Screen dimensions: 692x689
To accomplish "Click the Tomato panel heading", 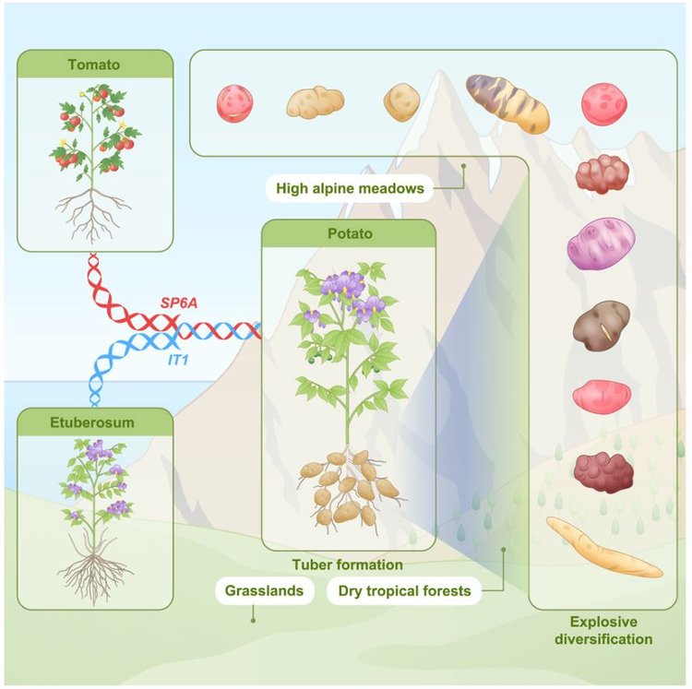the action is tap(94, 65).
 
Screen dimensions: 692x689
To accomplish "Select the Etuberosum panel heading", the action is tap(92, 422).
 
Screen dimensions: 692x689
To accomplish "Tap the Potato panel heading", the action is tap(350, 233).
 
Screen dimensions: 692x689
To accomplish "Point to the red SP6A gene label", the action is tap(179, 303).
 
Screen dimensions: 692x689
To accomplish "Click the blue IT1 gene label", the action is tap(178, 360).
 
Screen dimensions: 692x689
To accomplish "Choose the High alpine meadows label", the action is tap(350, 188).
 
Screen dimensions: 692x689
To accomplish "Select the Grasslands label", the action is tap(265, 590).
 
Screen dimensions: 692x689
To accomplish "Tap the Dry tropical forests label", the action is tap(404, 590).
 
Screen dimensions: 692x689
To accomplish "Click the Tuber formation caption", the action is tap(347, 564).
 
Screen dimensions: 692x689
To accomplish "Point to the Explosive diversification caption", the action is tap(603, 630).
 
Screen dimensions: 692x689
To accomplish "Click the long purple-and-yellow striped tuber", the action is tap(507, 103).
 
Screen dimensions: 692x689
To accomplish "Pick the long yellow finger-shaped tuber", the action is tap(604, 547).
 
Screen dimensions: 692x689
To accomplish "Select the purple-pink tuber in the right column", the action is tap(601, 244).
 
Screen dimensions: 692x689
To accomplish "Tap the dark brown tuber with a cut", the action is tap(601, 326).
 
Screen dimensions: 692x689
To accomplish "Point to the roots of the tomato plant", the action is tap(92, 214).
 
